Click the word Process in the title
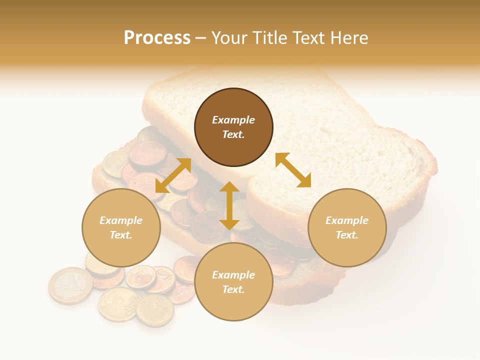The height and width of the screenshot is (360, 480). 157,38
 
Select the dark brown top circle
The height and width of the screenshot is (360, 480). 233,127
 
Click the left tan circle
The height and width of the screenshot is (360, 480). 121,227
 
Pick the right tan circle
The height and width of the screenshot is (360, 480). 347,227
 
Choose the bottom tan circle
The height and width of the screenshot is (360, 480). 233,282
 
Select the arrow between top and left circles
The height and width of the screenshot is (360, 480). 173,175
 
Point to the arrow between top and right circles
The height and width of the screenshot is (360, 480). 293,170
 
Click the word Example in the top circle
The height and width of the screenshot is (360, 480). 233,120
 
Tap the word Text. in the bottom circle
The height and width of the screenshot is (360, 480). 233,289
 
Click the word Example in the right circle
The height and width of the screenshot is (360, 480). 347,220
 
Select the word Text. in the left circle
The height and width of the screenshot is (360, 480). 121,235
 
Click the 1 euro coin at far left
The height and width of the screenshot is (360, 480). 70,285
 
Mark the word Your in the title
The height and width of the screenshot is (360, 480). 230,38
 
